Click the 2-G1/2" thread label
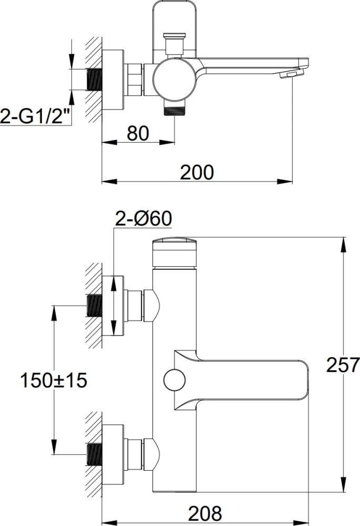36,116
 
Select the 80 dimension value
138,134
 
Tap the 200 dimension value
197,173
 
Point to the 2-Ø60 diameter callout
143,219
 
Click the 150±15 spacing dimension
54,380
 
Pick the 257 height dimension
343,365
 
